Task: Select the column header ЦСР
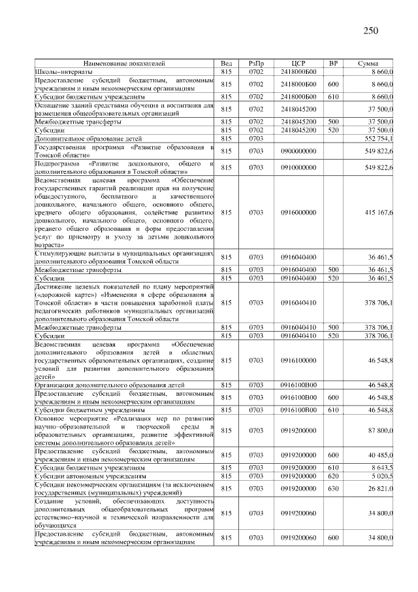[x=300, y=63]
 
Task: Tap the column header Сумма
[x=368, y=63]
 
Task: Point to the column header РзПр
[x=256, y=63]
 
